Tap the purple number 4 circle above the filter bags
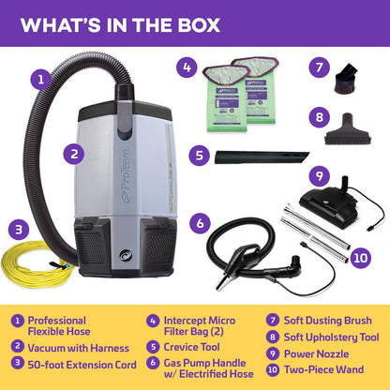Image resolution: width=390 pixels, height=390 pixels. [187, 67]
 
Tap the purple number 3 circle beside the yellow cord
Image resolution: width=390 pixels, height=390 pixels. [15, 228]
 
